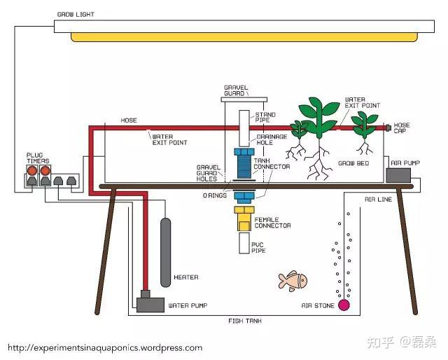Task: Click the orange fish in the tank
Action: coord(293,280)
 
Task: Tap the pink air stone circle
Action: coord(344,305)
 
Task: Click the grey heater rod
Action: coord(165,252)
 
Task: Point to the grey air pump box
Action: coord(399,174)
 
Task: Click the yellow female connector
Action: coord(244,219)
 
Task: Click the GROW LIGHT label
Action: coord(75,14)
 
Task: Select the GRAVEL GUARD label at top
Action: coord(235,90)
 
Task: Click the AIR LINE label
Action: coord(377,200)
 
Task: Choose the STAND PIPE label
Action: coord(265,117)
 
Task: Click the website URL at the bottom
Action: coord(105,347)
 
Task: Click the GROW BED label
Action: coord(353,163)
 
